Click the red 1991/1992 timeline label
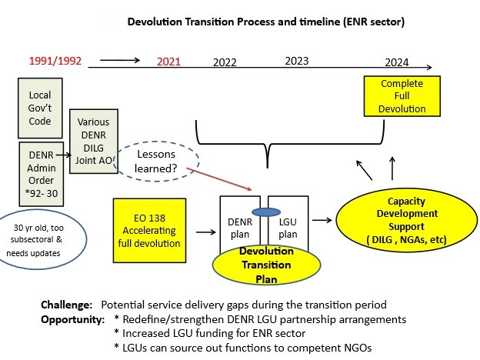[x=55, y=61]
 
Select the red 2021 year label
[x=172, y=62]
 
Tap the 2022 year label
[x=225, y=62]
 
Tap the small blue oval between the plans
[x=267, y=213]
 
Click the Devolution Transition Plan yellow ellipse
[x=266, y=265]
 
